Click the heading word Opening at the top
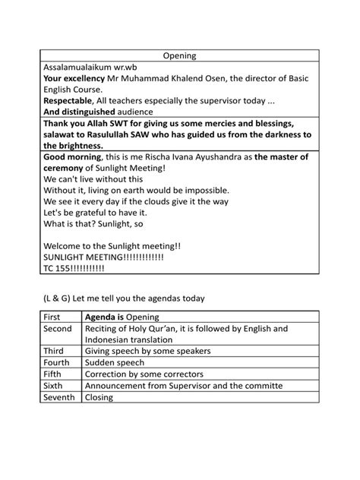coord(180,55)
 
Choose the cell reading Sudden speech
coord(116,363)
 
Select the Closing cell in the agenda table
coord(99,396)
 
